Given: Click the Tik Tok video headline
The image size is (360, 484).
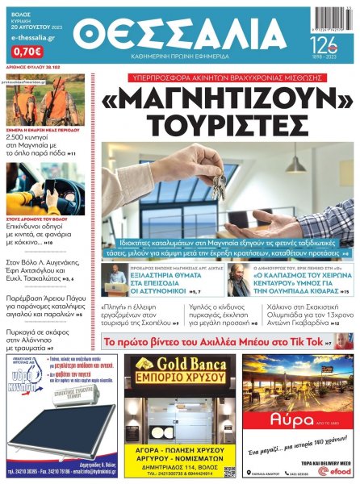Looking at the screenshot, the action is [x=220, y=343].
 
